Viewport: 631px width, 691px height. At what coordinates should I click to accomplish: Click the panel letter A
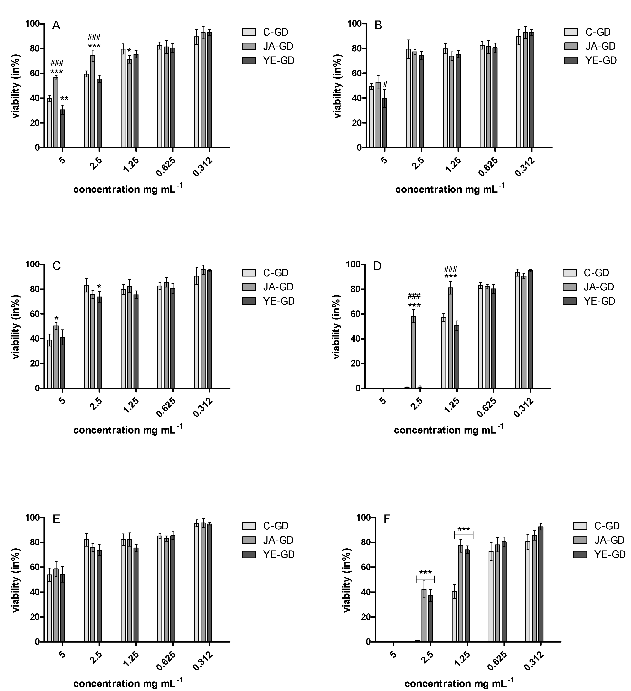click(x=56, y=26)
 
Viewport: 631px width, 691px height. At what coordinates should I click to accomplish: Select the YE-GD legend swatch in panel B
click(x=571, y=61)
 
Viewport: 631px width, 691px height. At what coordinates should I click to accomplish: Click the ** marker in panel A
click(x=64, y=99)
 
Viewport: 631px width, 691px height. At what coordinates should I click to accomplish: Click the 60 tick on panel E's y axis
click(x=34, y=567)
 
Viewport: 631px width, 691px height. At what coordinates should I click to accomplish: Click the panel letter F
click(x=387, y=519)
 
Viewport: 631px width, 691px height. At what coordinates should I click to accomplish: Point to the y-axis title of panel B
click(x=338, y=86)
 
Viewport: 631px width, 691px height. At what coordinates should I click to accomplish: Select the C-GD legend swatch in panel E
click(x=249, y=526)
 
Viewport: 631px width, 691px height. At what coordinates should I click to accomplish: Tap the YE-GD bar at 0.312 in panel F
click(x=541, y=584)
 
